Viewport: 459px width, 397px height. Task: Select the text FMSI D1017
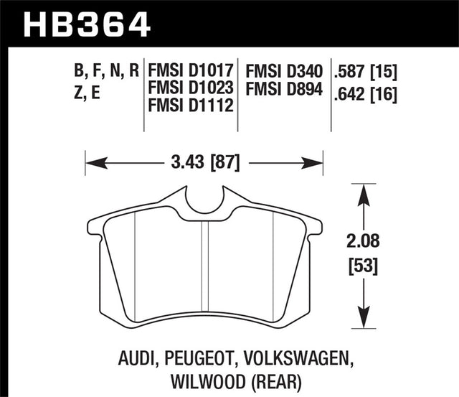tap(191, 72)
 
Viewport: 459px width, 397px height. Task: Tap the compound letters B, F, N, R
tap(105, 72)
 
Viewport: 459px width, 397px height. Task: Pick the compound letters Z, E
tap(87, 92)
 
